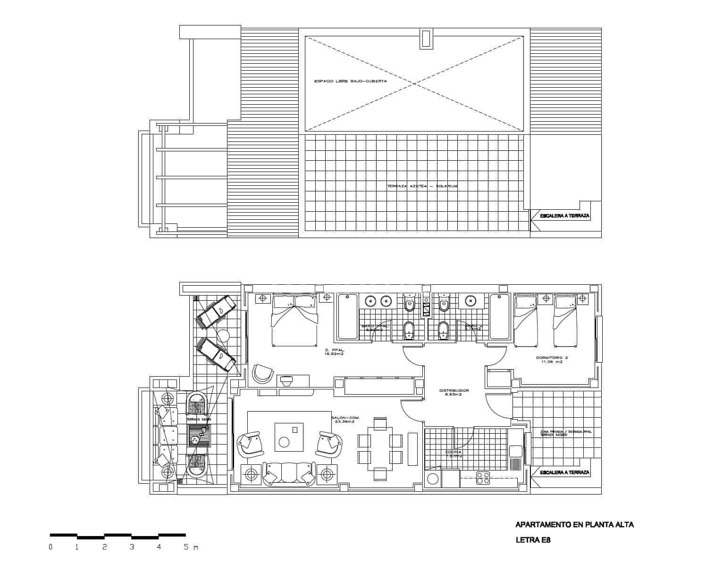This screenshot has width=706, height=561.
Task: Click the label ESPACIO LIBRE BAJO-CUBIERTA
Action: [x=350, y=81]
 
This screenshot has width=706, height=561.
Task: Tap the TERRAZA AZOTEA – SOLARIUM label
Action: [x=422, y=186]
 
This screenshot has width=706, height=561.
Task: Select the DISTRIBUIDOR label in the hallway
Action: [x=454, y=391]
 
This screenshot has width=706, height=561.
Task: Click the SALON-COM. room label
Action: [x=343, y=419]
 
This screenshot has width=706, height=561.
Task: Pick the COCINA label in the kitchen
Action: [x=453, y=452]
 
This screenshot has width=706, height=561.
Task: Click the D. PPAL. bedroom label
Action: [x=334, y=350]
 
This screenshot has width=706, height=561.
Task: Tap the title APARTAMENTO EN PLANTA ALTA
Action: [x=574, y=524]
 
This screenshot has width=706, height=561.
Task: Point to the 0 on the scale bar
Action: [x=50, y=547]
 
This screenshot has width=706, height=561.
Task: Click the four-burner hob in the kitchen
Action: [x=482, y=478]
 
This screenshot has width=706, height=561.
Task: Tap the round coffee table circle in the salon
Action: [x=284, y=442]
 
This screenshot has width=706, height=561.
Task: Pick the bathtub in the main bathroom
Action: [x=348, y=316]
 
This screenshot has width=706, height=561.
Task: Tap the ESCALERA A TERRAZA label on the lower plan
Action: [x=564, y=472]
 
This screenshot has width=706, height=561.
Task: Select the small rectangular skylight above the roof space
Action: [x=426, y=38]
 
